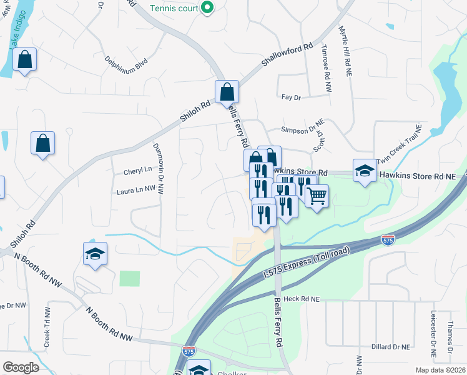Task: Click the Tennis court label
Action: point(174,8)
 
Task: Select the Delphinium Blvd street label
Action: point(126,62)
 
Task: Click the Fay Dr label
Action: point(292,97)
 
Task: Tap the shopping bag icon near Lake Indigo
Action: point(25,60)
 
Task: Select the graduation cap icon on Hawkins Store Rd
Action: point(365,170)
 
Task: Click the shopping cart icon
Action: point(317,196)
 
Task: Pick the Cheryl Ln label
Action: point(138,169)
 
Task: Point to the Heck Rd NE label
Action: point(302,299)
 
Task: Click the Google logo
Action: point(21,367)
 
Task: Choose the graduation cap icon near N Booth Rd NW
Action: point(95,254)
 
